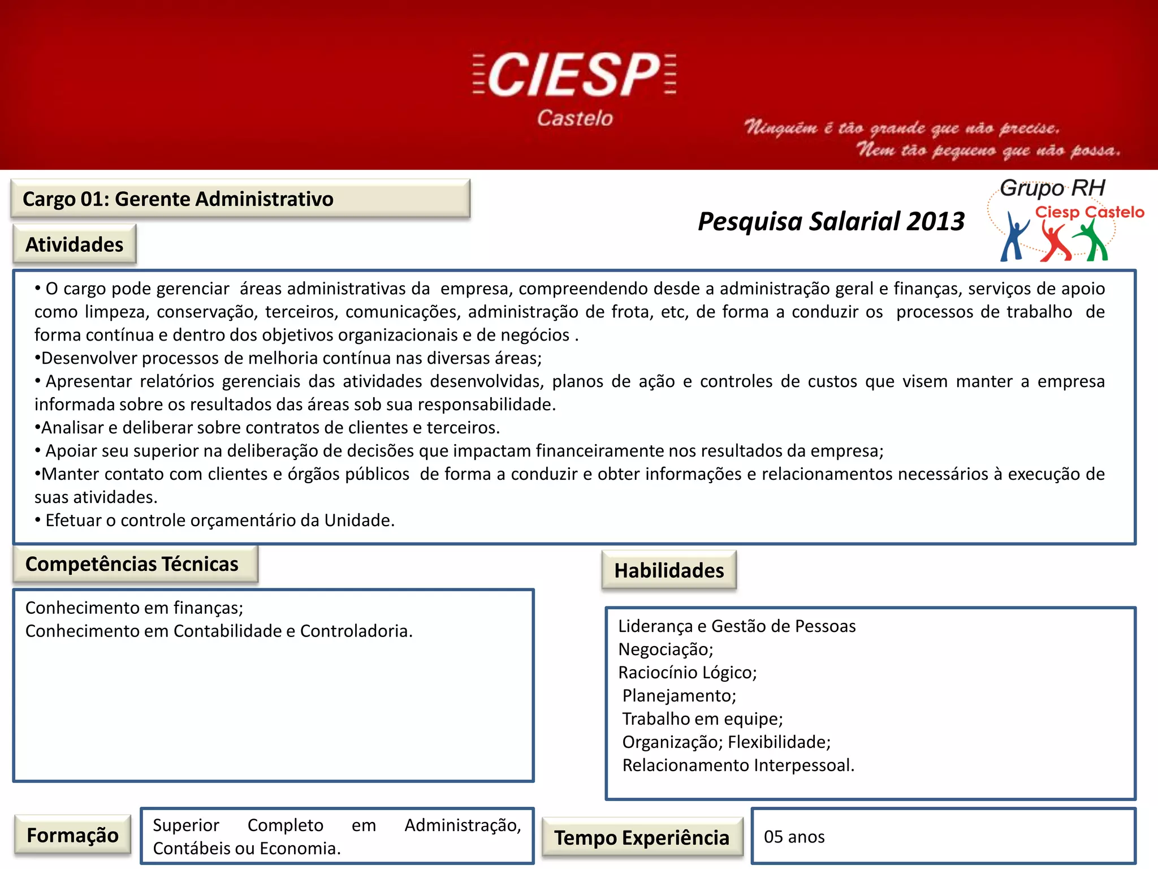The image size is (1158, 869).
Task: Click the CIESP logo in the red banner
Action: [x=574, y=74]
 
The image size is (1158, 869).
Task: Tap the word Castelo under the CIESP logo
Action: [x=574, y=118]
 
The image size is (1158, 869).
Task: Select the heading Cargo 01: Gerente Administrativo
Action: [x=178, y=199]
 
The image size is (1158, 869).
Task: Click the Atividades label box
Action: [x=74, y=244]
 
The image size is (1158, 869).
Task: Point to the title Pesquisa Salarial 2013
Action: [x=831, y=221]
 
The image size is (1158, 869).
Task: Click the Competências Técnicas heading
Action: [x=132, y=564]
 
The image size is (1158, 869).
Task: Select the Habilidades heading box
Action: [x=669, y=570]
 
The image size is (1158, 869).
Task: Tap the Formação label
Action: [x=72, y=835]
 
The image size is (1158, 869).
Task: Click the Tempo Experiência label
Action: [x=641, y=837]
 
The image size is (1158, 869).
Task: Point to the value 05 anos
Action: [x=794, y=837]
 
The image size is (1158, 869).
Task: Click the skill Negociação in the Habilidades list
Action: [x=666, y=649]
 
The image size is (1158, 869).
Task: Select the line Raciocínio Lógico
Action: [x=687, y=672]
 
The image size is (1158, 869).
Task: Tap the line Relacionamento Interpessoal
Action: [x=738, y=765]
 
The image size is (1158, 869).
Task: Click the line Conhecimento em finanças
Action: [x=134, y=608]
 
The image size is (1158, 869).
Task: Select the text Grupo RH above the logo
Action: [x=1052, y=188]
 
